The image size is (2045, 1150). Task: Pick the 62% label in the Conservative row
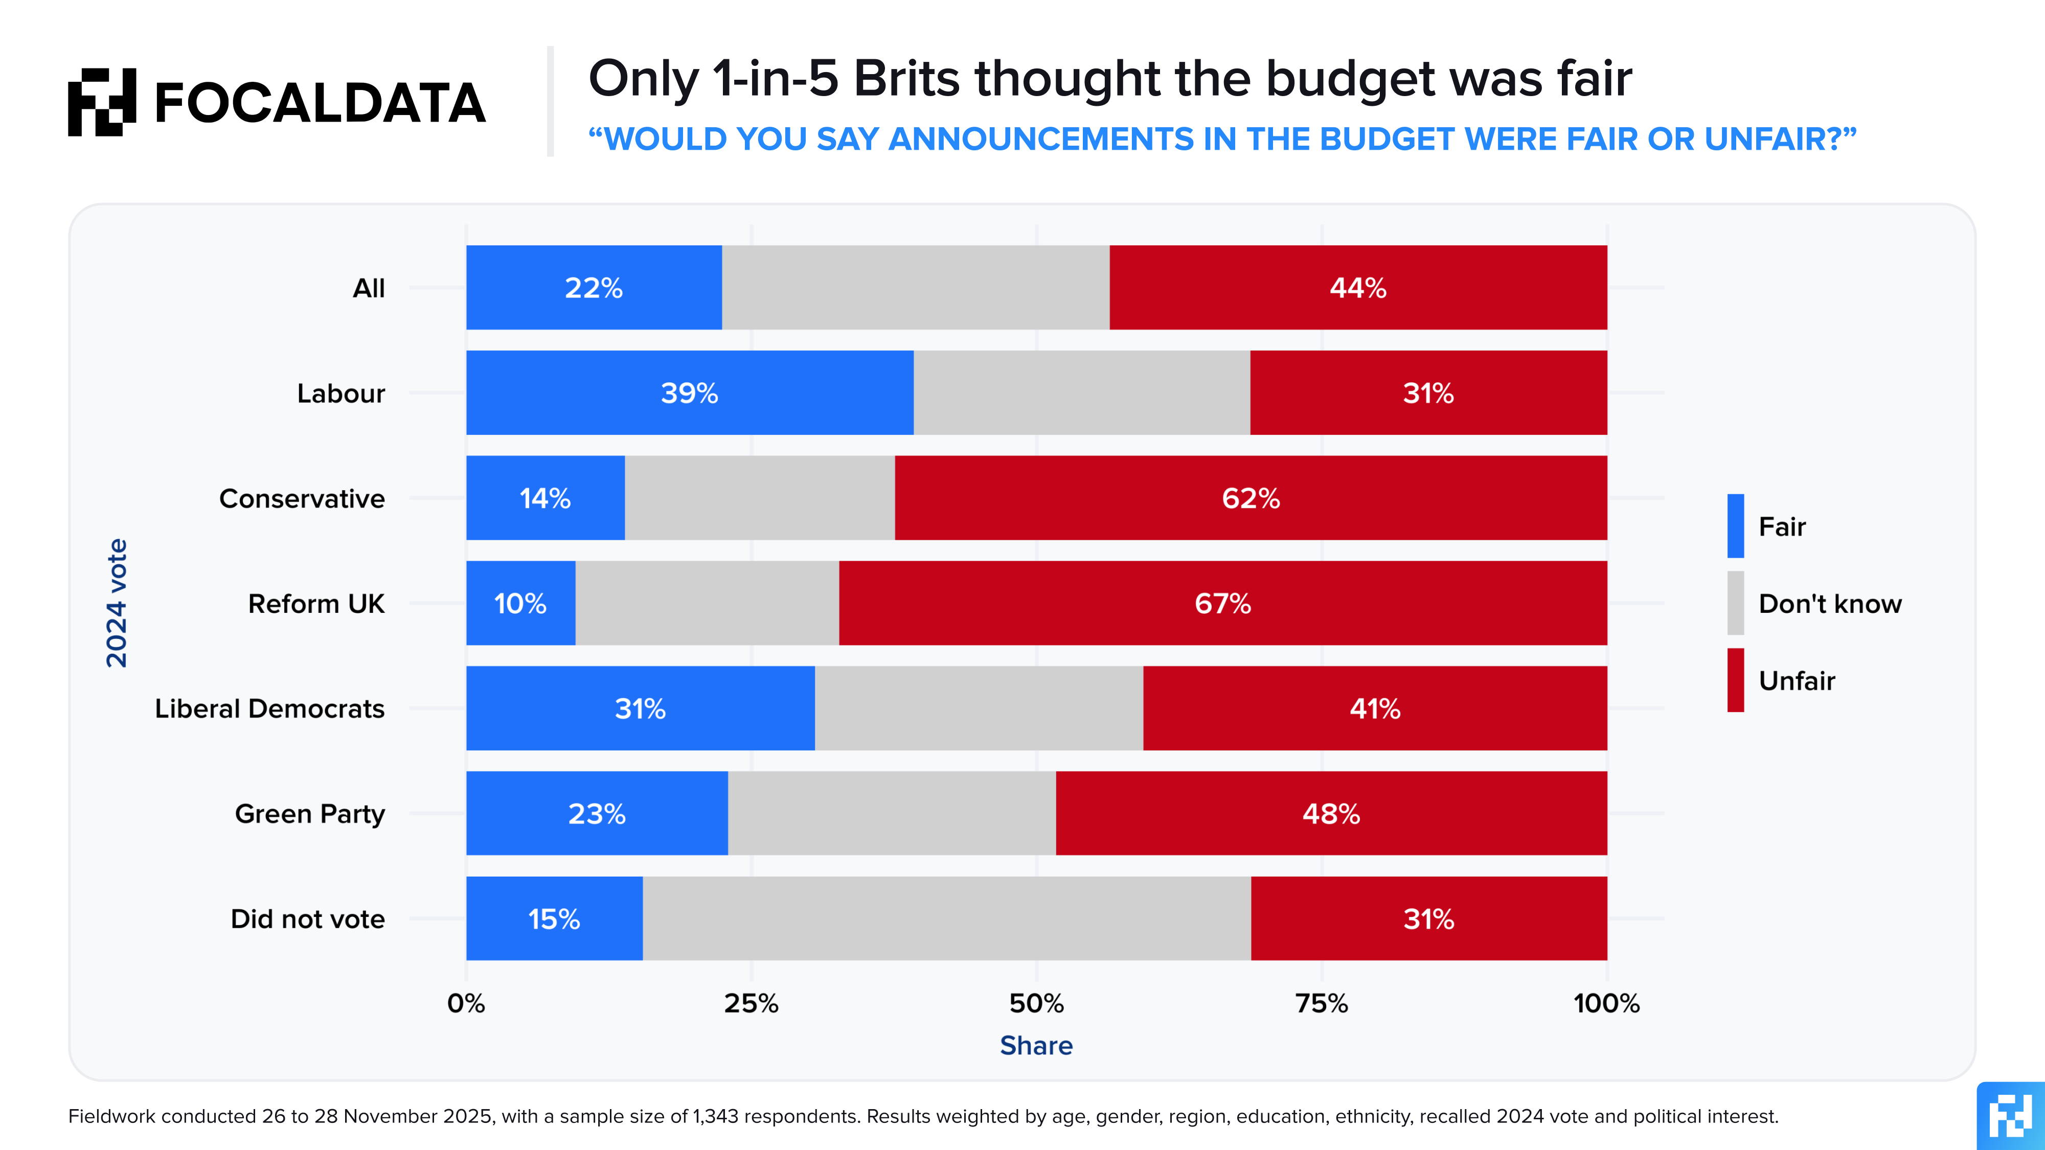1251,498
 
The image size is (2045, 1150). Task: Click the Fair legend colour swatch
1735,526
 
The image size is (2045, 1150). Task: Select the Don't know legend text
1830,604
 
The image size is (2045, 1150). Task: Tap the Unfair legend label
1797,681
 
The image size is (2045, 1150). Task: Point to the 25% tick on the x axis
751,1003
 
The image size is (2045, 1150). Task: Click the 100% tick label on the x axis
1606,1003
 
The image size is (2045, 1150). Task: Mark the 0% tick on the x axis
466,1003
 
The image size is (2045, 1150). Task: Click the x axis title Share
1036,1045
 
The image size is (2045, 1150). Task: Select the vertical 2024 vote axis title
117,603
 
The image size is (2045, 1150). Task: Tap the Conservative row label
302,498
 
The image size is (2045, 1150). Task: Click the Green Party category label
310,814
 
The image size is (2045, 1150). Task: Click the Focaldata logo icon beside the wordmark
102,102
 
